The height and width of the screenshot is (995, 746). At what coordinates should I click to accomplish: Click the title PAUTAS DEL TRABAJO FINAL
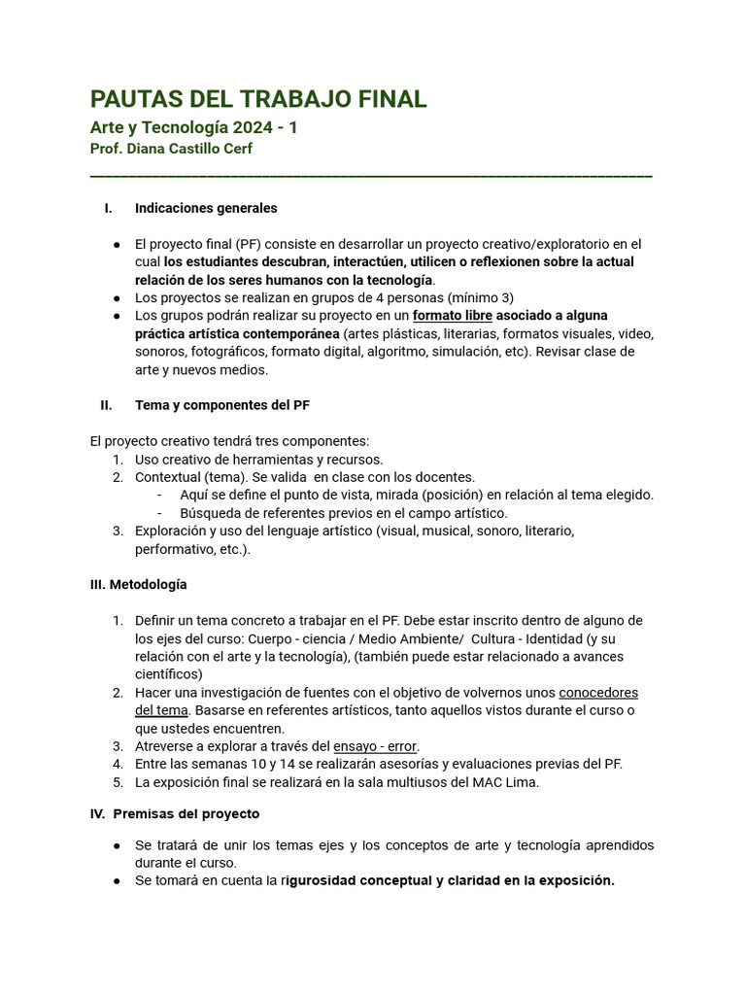[257, 99]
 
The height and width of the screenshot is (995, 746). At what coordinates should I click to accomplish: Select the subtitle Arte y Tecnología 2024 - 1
[193, 127]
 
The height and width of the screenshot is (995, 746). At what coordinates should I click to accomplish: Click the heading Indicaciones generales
[206, 208]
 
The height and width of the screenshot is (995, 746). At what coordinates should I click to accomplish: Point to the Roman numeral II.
[106, 404]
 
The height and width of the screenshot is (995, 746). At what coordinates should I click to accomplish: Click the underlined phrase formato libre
[453, 316]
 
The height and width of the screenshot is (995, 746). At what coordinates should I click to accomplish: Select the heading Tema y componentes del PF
[222, 404]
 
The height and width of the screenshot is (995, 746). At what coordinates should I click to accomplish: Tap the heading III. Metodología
[138, 584]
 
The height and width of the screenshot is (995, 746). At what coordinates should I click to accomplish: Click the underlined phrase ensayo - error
[375, 746]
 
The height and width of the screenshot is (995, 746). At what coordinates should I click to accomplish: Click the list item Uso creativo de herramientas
[258, 459]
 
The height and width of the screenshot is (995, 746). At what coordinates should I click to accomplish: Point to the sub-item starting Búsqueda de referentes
[343, 513]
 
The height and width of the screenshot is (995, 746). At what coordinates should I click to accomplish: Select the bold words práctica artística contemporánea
[237, 333]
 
